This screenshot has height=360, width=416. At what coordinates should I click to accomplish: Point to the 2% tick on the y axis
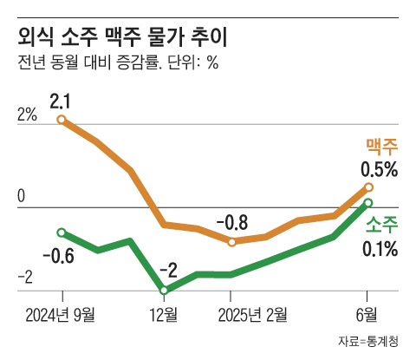(27, 115)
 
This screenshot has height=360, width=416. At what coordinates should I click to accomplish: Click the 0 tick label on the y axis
(22, 197)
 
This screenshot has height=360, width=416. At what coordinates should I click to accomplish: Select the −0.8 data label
(231, 222)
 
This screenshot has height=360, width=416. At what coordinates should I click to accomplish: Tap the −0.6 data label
(58, 256)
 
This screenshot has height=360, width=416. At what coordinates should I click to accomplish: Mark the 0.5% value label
(379, 169)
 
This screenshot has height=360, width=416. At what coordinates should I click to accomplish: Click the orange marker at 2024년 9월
(62, 120)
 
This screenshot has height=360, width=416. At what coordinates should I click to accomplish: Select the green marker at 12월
(163, 291)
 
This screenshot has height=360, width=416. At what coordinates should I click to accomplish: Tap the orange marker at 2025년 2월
(231, 241)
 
